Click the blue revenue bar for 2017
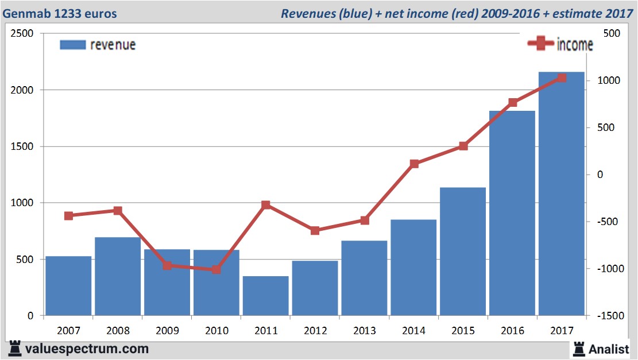point(561,195)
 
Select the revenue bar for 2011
point(266,296)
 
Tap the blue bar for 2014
point(413,268)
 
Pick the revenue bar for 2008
point(118,276)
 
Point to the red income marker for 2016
point(513,103)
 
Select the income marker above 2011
point(266,205)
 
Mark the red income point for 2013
point(365,220)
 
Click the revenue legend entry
point(98,45)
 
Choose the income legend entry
point(560,44)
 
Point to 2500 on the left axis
point(22,34)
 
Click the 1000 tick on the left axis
point(22,203)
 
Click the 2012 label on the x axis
point(315,331)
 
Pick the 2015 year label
point(463,331)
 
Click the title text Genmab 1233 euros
point(60,13)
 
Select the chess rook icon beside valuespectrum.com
point(14,348)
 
